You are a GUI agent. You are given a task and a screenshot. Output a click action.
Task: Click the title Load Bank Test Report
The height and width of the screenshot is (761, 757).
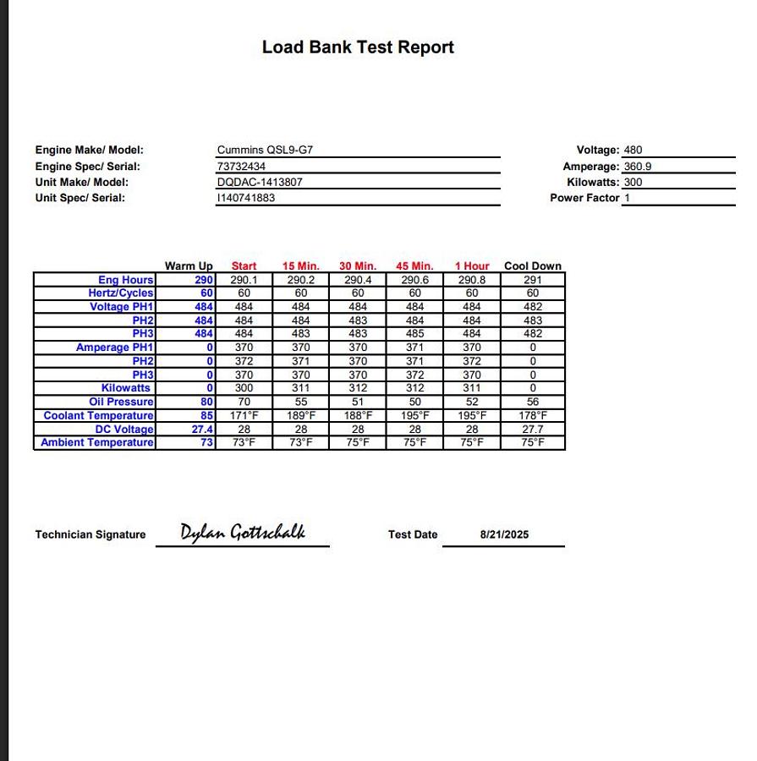pyautogui.click(x=358, y=47)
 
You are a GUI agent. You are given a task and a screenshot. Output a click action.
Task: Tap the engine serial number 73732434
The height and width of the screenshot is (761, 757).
pyautogui.click(x=241, y=167)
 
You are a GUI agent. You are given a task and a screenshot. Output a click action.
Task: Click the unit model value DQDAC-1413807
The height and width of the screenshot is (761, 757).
pyautogui.click(x=260, y=182)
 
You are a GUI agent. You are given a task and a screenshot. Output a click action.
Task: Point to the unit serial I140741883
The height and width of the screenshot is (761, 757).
pyautogui.click(x=246, y=198)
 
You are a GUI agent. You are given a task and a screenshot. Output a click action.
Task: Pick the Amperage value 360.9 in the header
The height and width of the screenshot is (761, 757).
pyautogui.click(x=638, y=167)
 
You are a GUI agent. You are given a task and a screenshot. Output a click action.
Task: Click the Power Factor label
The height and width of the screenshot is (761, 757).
pyautogui.click(x=584, y=198)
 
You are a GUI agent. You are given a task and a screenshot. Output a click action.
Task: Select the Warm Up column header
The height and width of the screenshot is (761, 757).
pyautogui.click(x=189, y=266)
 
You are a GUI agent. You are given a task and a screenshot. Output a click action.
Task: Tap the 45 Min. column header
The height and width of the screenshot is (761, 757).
pyautogui.click(x=414, y=266)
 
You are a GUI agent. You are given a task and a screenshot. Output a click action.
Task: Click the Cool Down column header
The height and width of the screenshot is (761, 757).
pyautogui.click(x=533, y=266)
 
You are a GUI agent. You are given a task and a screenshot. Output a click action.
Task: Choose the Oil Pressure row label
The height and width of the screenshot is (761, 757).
pyautogui.click(x=121, y=402)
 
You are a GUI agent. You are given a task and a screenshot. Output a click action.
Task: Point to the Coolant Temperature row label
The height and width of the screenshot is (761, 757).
pyautogui.click(x=98, y=415)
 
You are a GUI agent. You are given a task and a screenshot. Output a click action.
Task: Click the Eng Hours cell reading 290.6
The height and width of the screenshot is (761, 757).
pyautogui.click(x=414, y=280)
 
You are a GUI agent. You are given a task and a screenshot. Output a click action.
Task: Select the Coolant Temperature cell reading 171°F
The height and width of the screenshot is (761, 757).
pyautogui.click(x=244, y=415)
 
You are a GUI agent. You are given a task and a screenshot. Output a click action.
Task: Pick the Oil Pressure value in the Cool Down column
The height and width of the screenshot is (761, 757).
pyautogui.click(x=533, y=402)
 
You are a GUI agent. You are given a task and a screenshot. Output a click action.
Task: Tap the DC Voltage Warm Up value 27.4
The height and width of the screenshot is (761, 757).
pyautogui.click(x=202, y=429)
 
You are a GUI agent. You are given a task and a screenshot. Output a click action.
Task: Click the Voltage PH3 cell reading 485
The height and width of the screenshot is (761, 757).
pyautogui.click(x=414, y=334)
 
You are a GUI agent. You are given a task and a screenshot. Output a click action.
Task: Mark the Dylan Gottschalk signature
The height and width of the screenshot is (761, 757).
pyautogui.click(x=242, y=532)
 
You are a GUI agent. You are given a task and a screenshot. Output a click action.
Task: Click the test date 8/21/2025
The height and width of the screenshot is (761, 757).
pyautogui.click(x=504, y=534)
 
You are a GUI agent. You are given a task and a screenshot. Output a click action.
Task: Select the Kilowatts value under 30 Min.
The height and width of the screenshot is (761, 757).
pyautogui.click(x=358, y=388)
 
